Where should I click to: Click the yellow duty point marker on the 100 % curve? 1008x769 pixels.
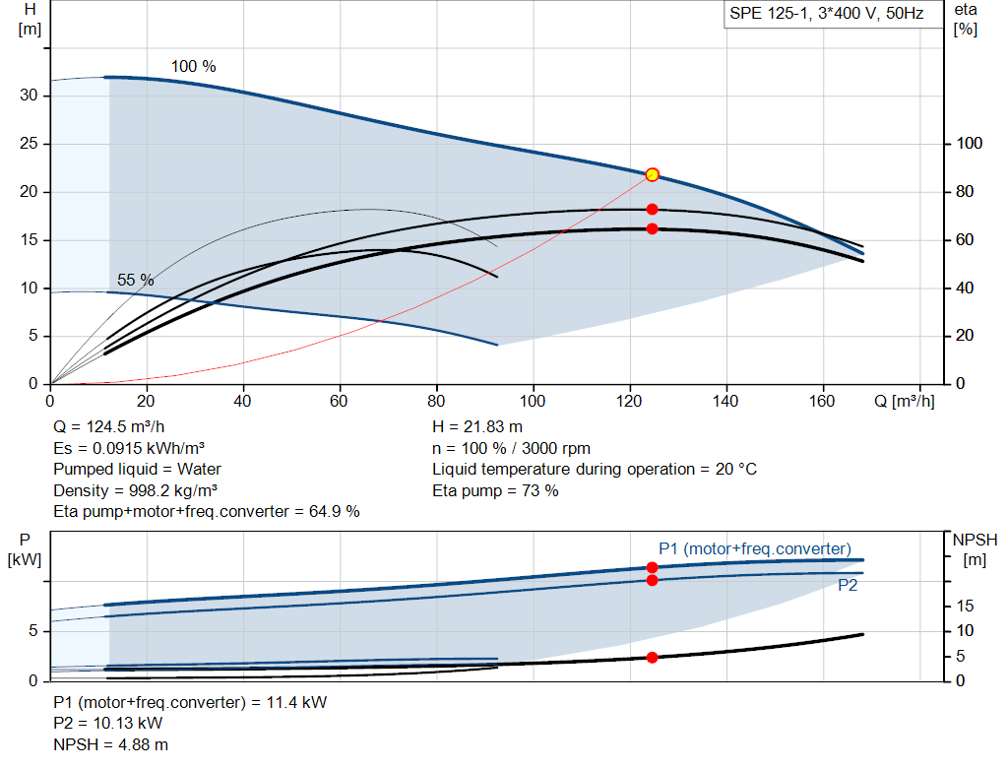652,175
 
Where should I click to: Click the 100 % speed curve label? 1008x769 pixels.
194,66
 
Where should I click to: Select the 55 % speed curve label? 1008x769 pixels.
135,280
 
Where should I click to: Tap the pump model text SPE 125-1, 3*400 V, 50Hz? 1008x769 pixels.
826,14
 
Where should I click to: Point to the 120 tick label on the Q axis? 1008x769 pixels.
629,401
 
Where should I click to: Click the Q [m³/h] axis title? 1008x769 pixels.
904,401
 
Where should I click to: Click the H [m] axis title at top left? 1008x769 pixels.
30,20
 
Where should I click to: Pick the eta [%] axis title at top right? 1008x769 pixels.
965,20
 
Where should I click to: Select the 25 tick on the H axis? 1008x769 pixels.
29,144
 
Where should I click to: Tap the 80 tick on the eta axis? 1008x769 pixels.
965,192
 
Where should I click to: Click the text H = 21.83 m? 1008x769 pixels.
477,427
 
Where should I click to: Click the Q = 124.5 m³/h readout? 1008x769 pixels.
108,427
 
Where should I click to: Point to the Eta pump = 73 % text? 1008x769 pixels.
495,490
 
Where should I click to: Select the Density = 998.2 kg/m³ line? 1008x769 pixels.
135,490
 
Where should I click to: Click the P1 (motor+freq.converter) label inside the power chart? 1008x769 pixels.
755,548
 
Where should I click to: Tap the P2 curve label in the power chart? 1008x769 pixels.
848,585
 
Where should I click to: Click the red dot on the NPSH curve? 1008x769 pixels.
652,657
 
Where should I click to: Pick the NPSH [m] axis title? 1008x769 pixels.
975,549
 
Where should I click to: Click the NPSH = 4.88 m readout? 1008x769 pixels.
110,744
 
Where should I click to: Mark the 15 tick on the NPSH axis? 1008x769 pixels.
965,606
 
